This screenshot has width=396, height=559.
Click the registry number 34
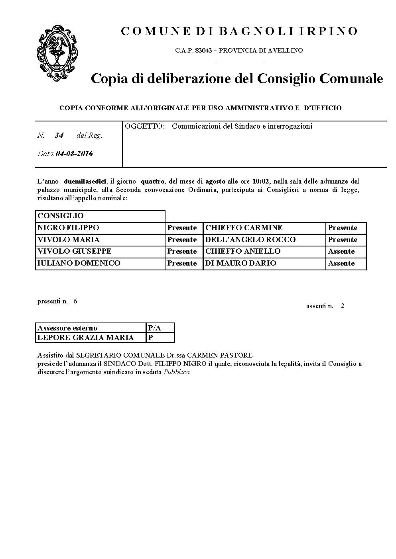point(59,135)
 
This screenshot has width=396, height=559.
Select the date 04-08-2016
point(75,154)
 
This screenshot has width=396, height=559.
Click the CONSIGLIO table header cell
point(61,216)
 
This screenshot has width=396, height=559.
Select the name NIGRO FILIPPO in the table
point(68,228)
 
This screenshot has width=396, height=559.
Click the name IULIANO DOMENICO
point(79,263)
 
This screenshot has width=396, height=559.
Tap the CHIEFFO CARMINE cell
point(244,228)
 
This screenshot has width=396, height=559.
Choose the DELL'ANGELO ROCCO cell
point(250,240)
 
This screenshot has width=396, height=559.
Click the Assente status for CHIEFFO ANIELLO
point(341,251)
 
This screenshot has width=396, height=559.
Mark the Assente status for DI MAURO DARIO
point(341,263)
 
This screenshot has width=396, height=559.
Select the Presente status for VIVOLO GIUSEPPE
point(182,251)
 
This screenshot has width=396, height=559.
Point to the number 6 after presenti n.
point(75,301)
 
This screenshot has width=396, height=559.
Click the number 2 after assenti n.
point(343,306)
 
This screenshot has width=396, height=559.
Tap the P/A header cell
point(154,328)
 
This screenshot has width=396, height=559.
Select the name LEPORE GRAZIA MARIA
point(85,338)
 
